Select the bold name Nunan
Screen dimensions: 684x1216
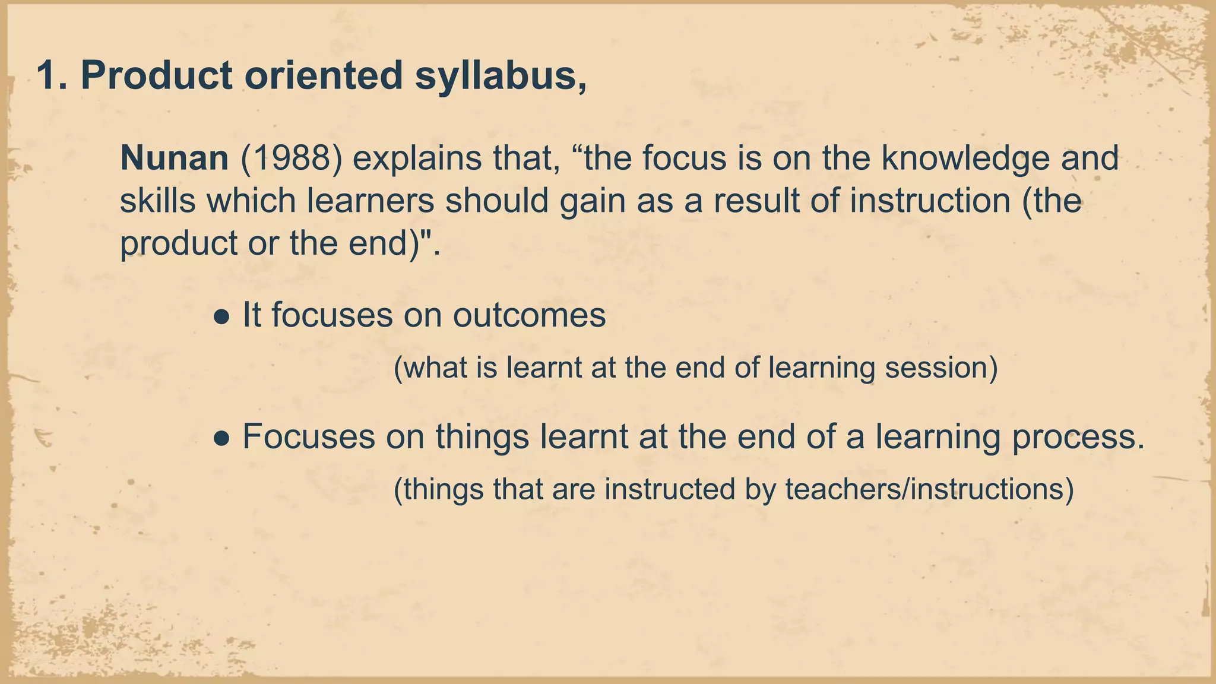click(x=174, y=158)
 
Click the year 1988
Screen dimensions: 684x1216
click(x=292, y=159)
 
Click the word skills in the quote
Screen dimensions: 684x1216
click(x=157, y=201)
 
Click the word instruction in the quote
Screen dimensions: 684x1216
click(x=930, y=201)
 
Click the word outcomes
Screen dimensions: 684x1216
click(x=529, y=315)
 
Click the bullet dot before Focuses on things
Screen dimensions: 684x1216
click(x=221, y=439)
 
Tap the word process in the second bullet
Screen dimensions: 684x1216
click(x=1078, y=438)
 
